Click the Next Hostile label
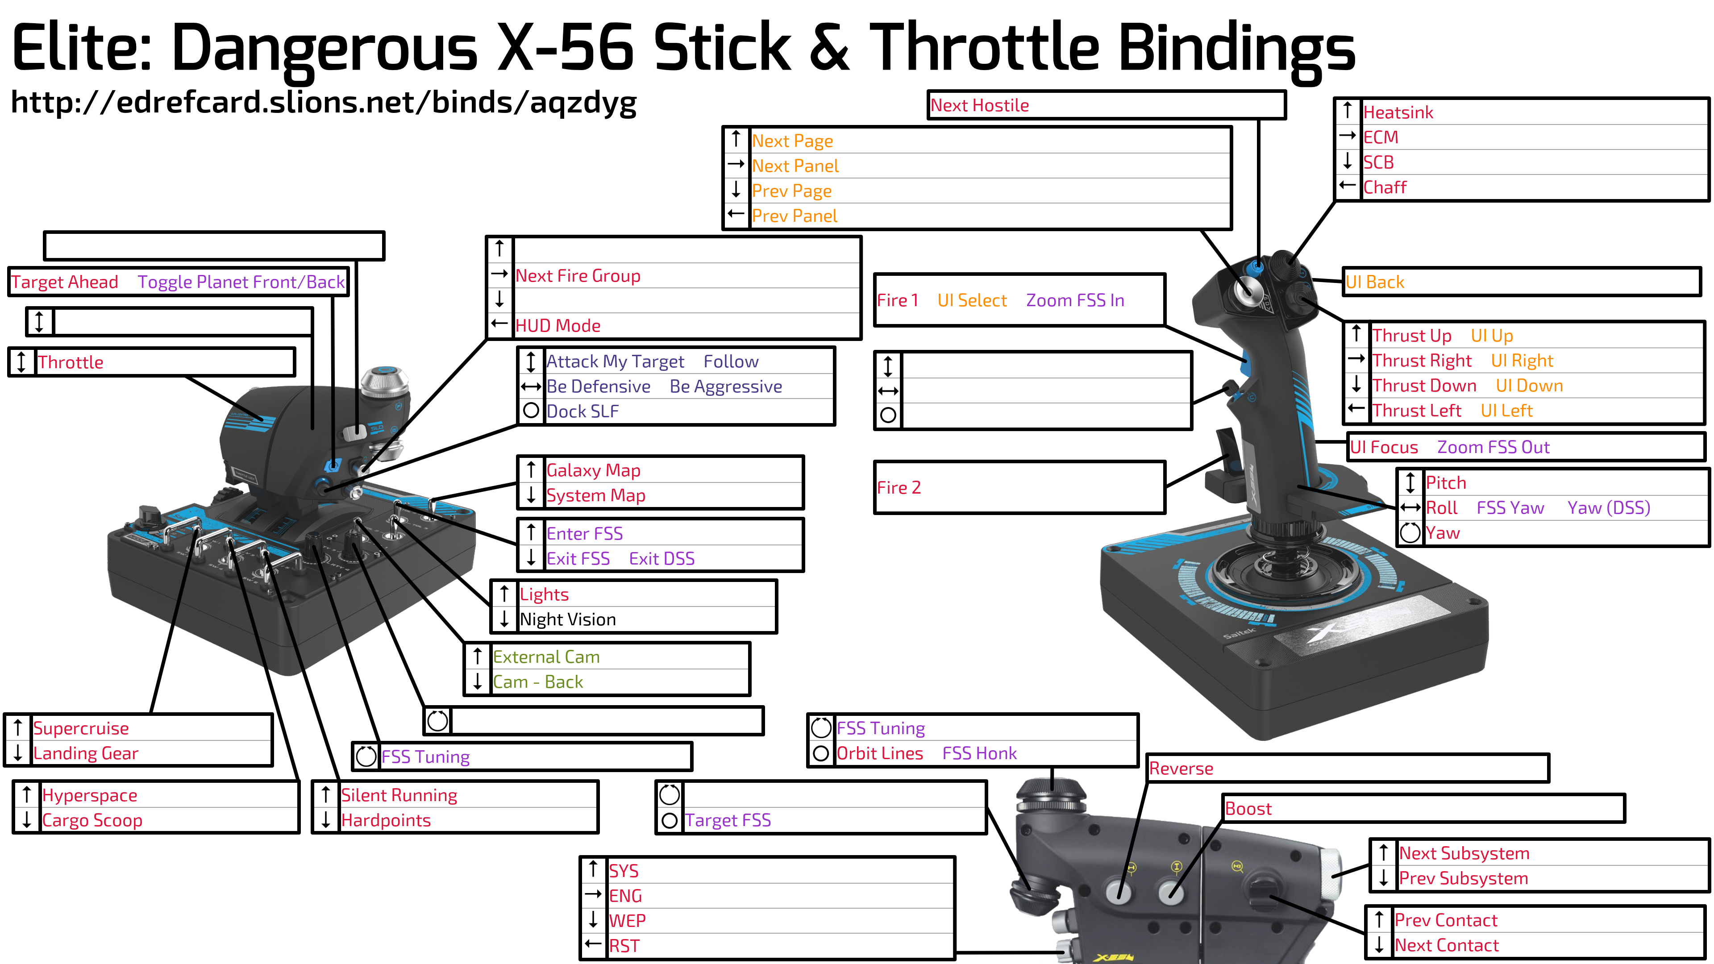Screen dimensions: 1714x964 tap(979, 105)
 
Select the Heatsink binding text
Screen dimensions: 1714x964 tap(1398, 112)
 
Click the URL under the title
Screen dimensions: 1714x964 tap(324, 102)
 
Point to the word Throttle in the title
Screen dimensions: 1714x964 tap(985, 46)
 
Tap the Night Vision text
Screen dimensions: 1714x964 tap(568, 619)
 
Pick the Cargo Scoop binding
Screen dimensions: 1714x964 tap(92, 820)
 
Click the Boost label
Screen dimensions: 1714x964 tap(1248, 809)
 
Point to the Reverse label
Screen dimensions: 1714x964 tap(1181, 769)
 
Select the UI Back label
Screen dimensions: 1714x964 tap(1375, 282)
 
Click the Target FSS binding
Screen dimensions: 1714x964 tap(728, 820)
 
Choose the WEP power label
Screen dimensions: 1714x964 tap(627, 921)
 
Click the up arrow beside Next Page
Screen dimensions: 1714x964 tap(736, 139)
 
